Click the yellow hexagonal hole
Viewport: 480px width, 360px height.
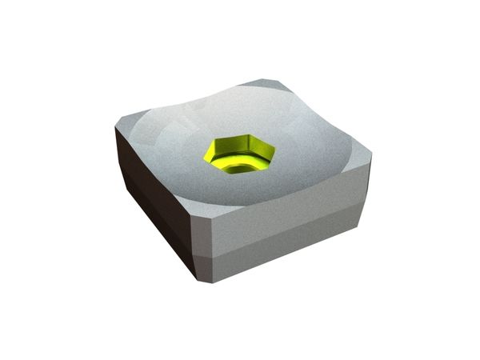point(239,154)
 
